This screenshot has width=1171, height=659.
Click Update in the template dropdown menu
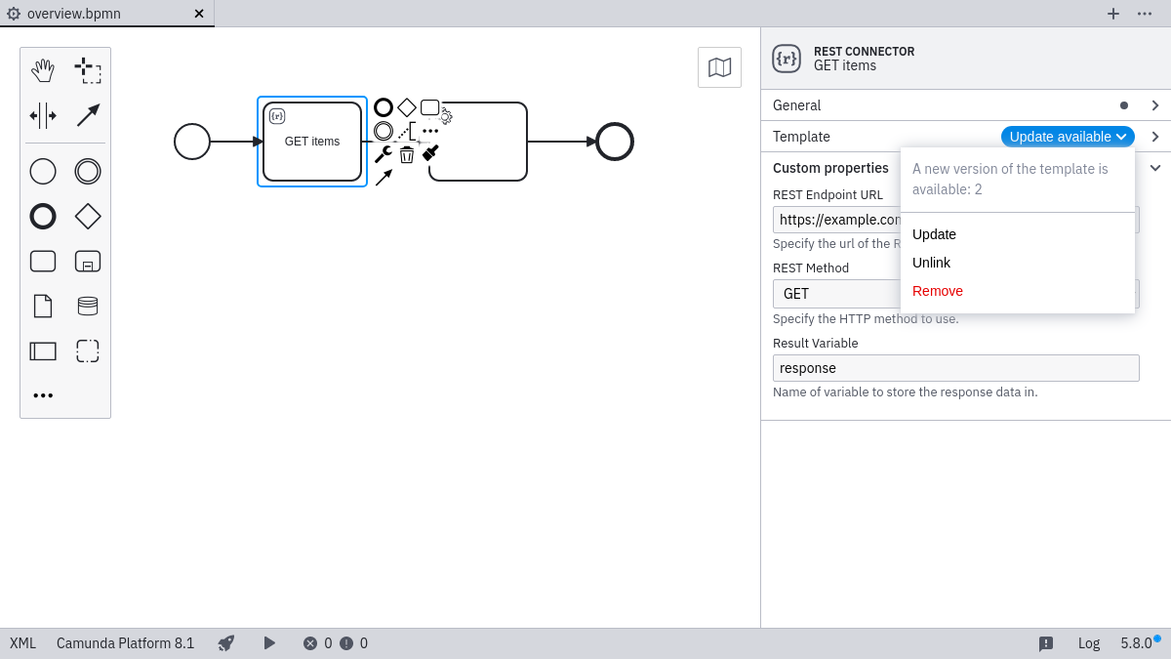[934, 234]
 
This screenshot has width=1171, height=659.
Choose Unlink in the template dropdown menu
[931, 263]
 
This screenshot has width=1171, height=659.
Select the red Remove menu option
[937, 291]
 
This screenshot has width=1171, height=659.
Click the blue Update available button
[1068, 137]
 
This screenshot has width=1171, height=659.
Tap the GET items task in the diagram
[312, 142]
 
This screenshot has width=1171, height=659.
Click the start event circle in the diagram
[192, 142]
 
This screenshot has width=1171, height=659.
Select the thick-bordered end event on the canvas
[615, 142]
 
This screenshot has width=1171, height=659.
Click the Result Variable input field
[955, 368]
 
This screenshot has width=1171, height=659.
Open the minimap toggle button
[719, 67]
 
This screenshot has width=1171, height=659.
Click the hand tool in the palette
[43, 70]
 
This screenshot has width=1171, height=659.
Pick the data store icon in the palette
[88, 306]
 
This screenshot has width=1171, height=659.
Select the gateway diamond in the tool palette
[88, 216]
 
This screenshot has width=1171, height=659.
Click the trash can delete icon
[407, 154]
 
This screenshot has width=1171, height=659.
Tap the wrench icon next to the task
[383, 154]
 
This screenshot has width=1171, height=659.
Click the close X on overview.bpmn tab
[199, 14]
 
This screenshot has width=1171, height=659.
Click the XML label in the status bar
[22, 643]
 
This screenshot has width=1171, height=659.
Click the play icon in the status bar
[269, 643]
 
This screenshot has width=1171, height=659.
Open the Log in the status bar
[1088, 643]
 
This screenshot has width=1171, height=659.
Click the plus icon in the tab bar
[1112, 14]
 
